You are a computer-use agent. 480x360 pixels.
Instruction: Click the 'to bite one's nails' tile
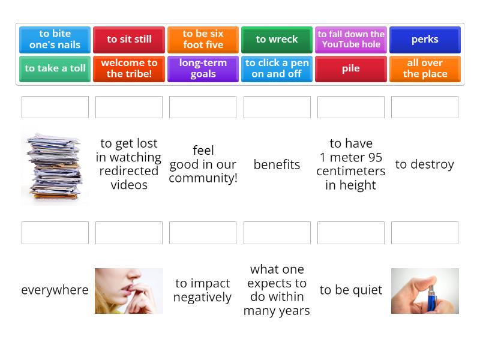(x=55, y=40)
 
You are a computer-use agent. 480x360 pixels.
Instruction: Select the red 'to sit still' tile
(x=129, y=40)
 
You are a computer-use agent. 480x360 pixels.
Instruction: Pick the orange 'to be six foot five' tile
(x=203, y=40)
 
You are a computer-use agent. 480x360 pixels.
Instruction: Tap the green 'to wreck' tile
(x=277, y=40)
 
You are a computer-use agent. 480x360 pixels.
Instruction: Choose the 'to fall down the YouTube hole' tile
(x=351, y=40)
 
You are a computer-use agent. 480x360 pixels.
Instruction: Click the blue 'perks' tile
(x=425, y=40)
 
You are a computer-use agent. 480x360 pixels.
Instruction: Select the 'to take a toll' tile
(x=55, y=68)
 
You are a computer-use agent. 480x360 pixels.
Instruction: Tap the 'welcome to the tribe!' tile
(x=129, y=68)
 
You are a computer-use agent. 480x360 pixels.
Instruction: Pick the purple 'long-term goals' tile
(x=203, y=68)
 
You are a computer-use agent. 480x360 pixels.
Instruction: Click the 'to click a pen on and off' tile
(x=277, y=68)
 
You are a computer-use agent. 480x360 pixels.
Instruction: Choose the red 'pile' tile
(x=351, y=68)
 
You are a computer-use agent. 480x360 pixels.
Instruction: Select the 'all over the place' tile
(x=425, y=68)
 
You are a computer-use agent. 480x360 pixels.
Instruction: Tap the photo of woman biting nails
(x=129, y=291)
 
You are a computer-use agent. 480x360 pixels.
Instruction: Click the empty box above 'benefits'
(x=277, y=107)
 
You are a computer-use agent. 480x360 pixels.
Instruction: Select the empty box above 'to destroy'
(x=425, y=107)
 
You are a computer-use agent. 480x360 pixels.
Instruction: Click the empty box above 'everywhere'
(x=55, y=233)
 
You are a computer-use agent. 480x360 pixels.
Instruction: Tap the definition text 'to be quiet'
(x=351, y=290)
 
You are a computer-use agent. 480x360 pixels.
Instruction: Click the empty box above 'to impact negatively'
(x=203, y=233)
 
